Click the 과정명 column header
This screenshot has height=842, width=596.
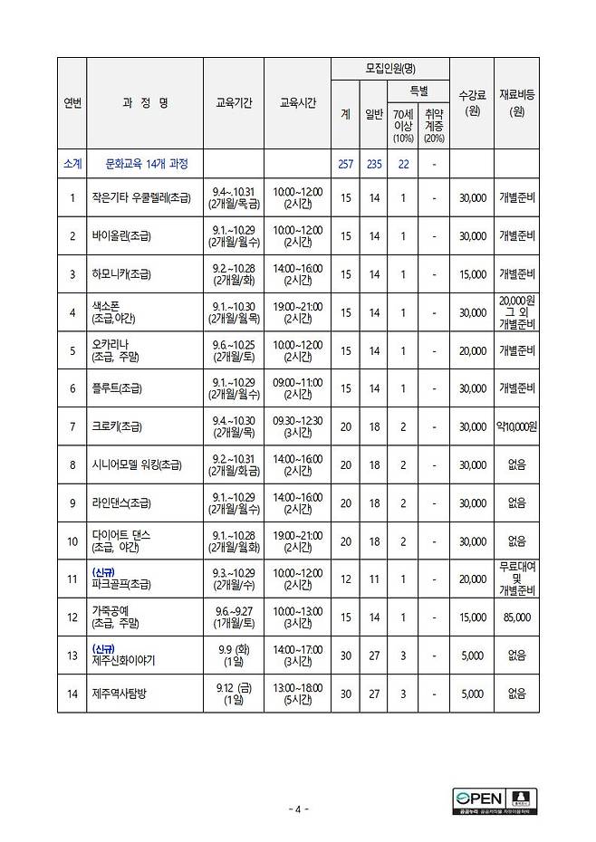pyautogui.click(x=145, y=103)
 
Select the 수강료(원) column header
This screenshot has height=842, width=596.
pyautogui.click(x=472, y=103)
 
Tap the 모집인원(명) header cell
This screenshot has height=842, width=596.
pyautogui.click(x=389, y=69)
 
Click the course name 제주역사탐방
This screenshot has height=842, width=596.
pyautogui.click(x=123, y=694)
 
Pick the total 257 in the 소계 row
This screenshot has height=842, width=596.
pyautogui.click(x=344, y=164)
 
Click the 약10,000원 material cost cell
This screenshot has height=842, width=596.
pyautogui.click(x=516, y=426)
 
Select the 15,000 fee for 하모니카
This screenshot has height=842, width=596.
pyautogui.click(x=472, y=273)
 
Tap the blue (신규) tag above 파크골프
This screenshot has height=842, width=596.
pyautogui.click(x=105, y=571)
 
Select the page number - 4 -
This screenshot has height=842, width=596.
pyautogui.click(x=298, y=809)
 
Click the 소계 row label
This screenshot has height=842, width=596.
pyautogui.click(x=72, y=164)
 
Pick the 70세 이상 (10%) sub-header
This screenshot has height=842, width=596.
pyautogui.click(x=403, y=126)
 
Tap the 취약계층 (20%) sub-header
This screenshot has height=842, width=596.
pyautogui.click(x=434, y=126)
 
